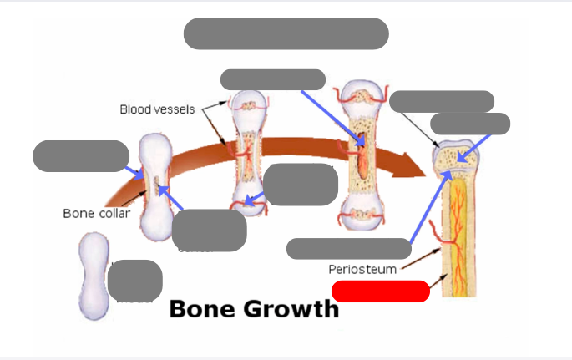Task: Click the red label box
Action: [x=381, y=292]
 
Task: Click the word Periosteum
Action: [x=362, y=269]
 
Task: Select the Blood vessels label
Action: [x=157, y=109]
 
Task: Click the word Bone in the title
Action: [x=204, y=309]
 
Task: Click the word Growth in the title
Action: [x=291, y=309]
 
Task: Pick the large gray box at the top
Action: [x=286, y=33]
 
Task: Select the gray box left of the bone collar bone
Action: [x=81, y=156]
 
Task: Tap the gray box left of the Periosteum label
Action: [x=349, y=248]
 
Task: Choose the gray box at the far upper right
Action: [x=470, y=124]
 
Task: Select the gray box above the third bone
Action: [x=273, y=79]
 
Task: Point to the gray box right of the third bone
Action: [x=301, y=185]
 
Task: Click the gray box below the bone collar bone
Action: [x=210, y=230]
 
